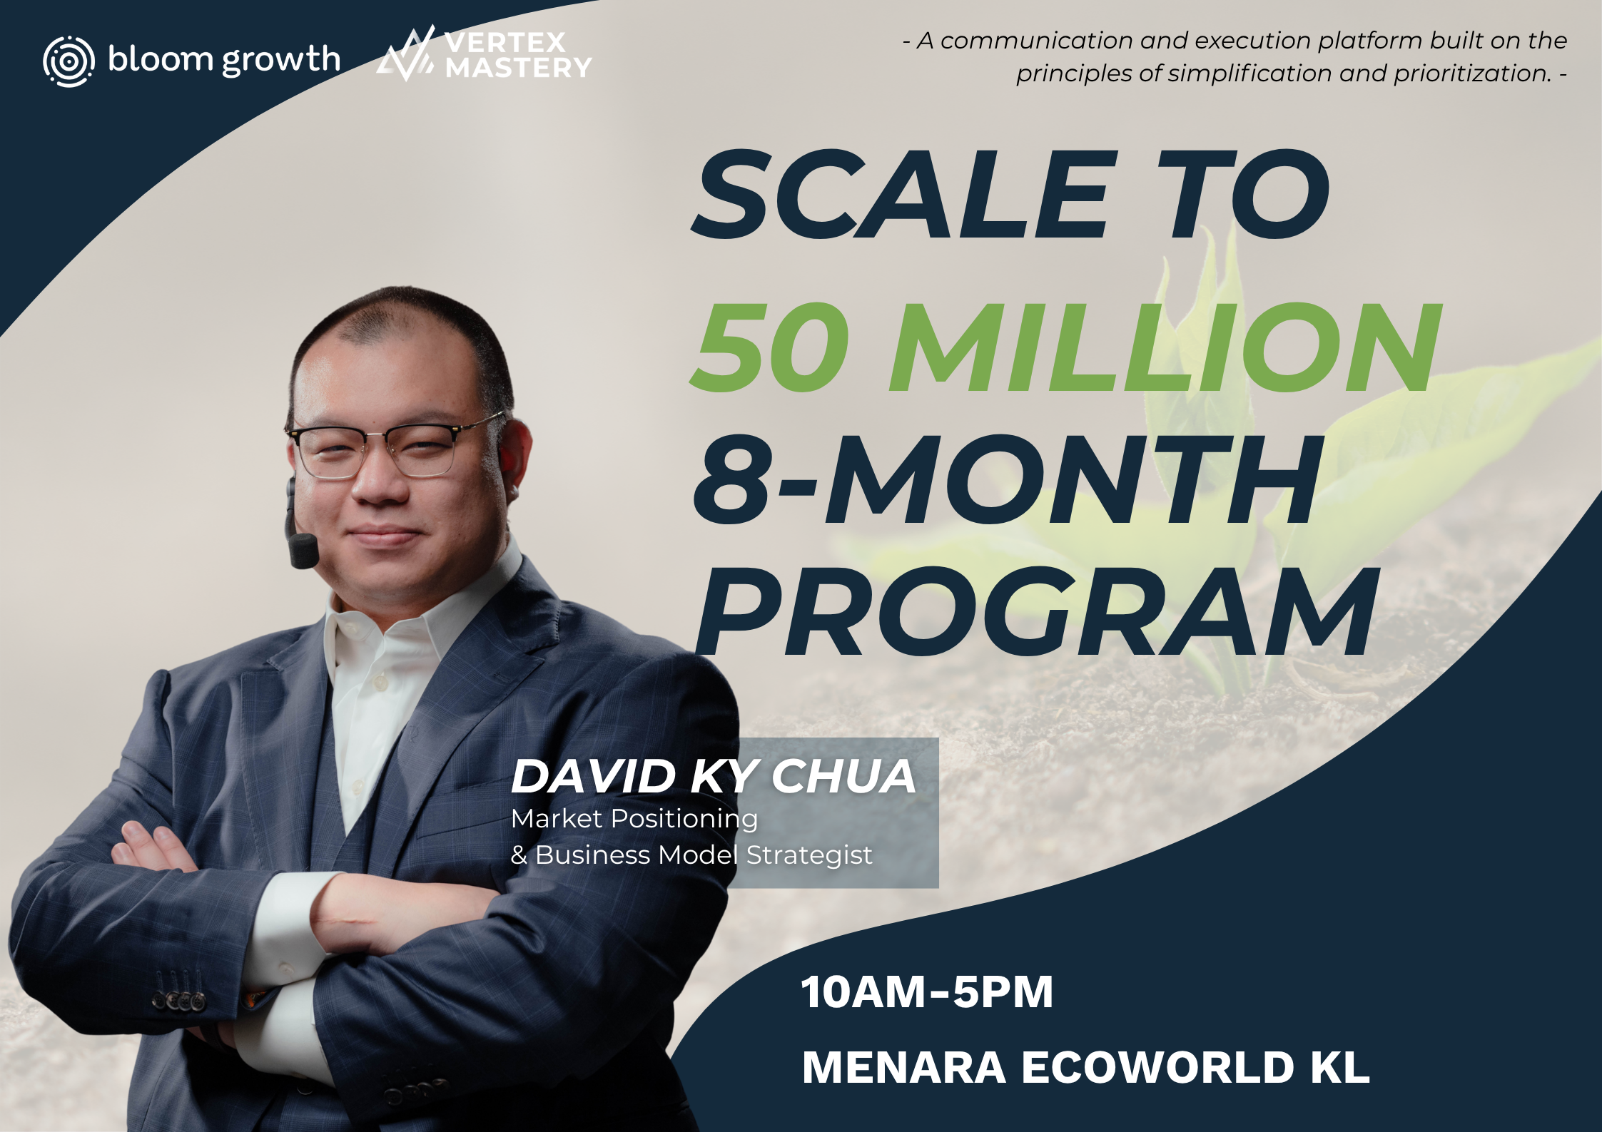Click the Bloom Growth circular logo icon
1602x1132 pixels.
point(69,61)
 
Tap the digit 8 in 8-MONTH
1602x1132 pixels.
point(734,479)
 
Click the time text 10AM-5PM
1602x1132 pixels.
point(927,991)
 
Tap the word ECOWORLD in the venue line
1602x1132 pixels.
point(1157,1067)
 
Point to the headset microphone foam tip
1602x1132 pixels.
point(303,551)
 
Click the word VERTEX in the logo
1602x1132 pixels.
point(505,43)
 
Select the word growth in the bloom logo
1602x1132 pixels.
point(281,61)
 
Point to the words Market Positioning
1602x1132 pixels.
point(634,819)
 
